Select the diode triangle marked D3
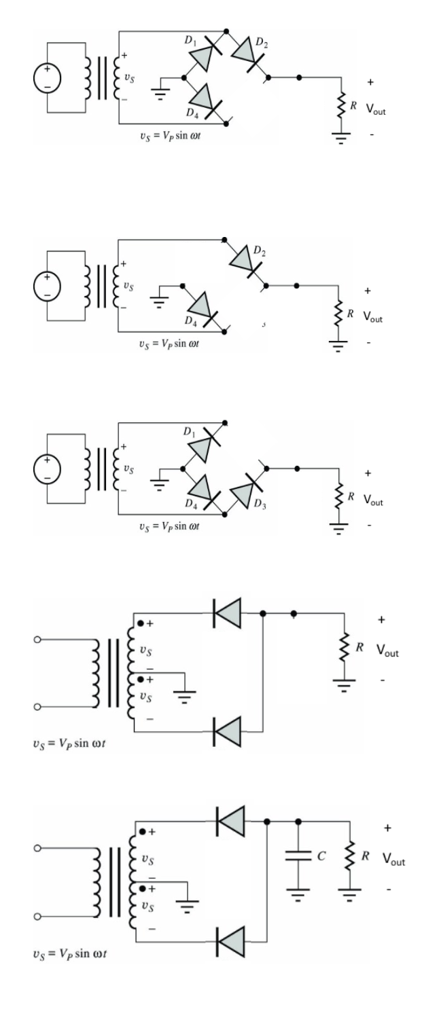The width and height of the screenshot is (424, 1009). [244, 486]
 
